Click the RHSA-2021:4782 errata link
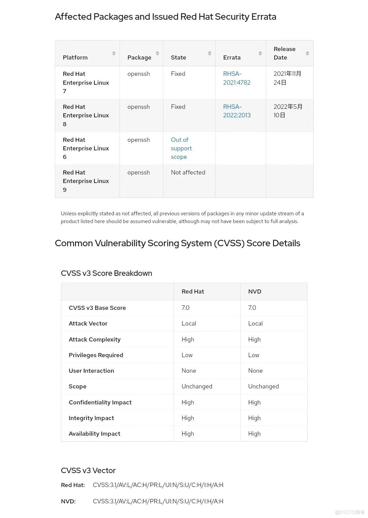(236, 78)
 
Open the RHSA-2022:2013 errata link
(236, 111)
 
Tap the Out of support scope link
(181, 148)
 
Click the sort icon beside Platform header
(114, 53)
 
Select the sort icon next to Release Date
(307, 53)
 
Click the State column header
(178, 57)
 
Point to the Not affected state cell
(188, 172)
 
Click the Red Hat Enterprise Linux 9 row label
(86, 181)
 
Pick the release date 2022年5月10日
(288, 111)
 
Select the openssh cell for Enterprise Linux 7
(138, 74)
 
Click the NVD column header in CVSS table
(255, 291)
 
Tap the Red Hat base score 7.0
(185, 308)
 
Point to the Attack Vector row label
(88, 323)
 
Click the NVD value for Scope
(263, 386)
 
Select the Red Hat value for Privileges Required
(187, 355)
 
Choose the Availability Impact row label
(94, 434)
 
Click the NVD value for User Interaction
(255, 371)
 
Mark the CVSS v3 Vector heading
(88, 470)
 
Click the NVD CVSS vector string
(158, 501)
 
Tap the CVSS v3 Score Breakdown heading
(106, 273)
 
